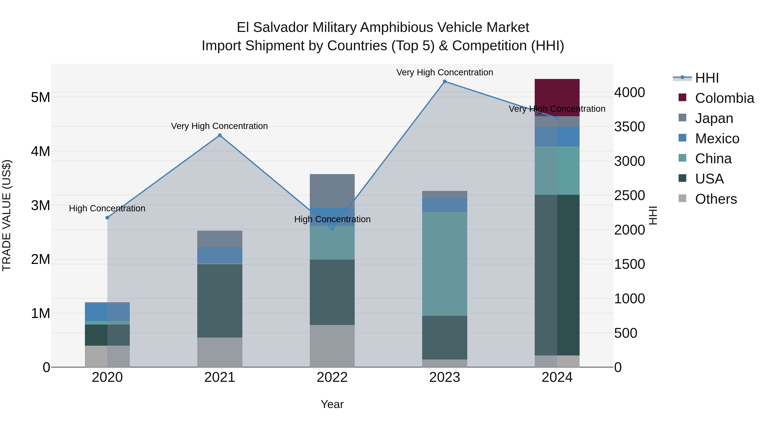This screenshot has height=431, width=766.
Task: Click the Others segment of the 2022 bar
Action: click(x=332, y=346)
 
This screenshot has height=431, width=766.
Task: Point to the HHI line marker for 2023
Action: click(x=444, y=82)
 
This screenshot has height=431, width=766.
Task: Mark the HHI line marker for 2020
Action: click(x=107, y=218)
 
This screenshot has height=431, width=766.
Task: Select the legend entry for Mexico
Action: click(x=717, y=139)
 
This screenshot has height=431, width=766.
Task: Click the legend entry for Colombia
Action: click(x=724, y=98)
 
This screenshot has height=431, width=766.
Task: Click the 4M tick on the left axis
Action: click(x=40, y=151)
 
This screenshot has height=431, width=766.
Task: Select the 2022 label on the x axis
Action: click(x=332, y=377)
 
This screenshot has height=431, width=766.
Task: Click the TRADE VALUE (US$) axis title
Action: click(x=7, y=215)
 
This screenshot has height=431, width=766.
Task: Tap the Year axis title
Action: click(x=332, y=404)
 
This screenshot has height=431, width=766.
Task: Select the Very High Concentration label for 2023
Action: click(x=444, y=73)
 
